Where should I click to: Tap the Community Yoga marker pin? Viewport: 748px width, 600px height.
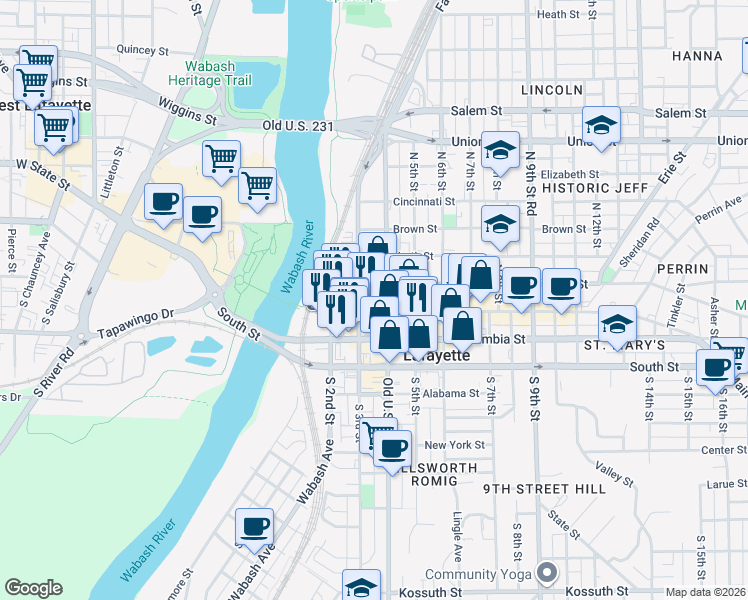tap(546, 573)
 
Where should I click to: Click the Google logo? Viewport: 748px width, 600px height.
tap(33, 589)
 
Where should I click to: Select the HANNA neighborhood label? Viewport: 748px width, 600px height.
tap(697, 55)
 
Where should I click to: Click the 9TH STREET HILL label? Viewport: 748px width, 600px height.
tap(544, 489)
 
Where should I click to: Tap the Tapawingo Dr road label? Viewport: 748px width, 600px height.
tap(137, 322)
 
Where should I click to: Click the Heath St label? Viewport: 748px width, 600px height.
tap(558, 15)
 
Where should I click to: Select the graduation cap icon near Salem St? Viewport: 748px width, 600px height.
tap(601, 125)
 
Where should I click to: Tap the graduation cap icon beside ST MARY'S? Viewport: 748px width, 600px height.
tap(617, 324)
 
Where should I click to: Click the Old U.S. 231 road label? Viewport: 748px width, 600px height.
tap(296, 126)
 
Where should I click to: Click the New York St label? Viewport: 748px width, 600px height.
tap(454, 445)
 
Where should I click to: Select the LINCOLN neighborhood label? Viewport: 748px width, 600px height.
tap(551, 90)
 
